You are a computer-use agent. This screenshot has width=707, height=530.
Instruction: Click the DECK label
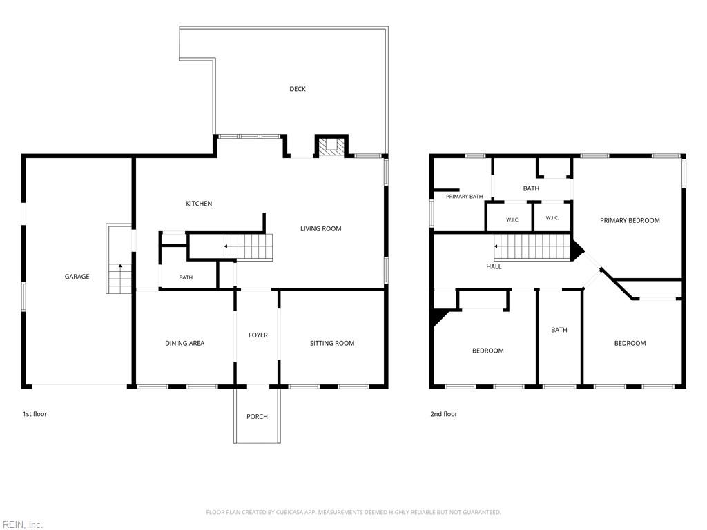pos(297,89)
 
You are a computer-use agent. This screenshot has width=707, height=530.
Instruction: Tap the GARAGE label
pos(77,277)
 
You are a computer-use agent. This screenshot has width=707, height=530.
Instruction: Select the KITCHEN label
pos(199,204)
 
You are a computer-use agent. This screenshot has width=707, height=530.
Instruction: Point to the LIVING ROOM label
pos(320,229)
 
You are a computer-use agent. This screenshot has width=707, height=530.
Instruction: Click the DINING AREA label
pos(184,344)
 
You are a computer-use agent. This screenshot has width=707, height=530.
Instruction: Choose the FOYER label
pos(258,335)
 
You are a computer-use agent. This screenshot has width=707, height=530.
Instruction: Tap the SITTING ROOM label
pos(332,344)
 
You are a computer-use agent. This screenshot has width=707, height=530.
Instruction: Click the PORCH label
pos(257,417)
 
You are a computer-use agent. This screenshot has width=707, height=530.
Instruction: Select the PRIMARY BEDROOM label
pos(630,221)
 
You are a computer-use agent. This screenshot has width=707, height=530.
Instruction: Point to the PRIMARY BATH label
pos(465,197)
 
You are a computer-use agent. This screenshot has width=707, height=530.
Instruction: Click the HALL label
pos(494,267)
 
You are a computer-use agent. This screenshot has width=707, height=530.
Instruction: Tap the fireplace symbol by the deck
pos(331,146)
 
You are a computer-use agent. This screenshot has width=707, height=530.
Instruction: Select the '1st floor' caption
pos(35,414)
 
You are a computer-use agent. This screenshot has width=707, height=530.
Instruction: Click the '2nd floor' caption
pos(444,414)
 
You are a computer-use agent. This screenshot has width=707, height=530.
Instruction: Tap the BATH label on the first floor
pos(186,277)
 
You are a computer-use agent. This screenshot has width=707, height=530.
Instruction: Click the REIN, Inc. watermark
pos(21,524)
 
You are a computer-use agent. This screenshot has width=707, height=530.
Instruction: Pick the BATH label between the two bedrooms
pos(559,331)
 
